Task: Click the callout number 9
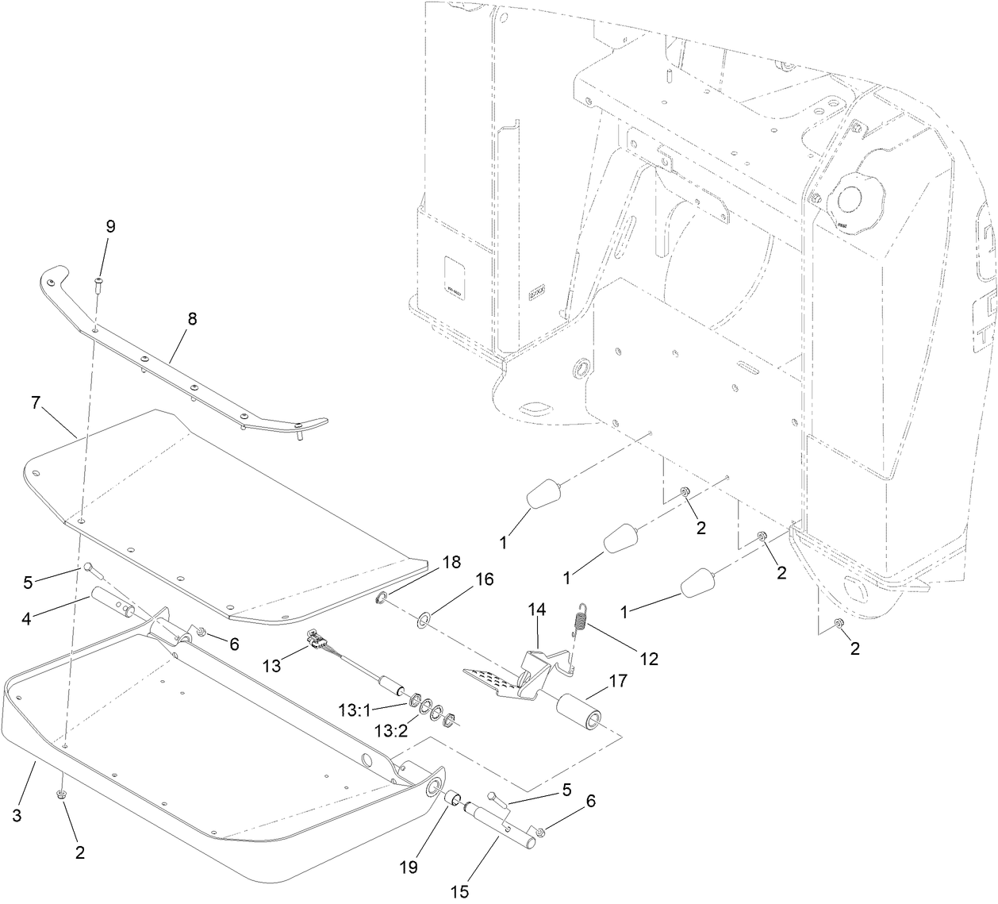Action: pyautogui.click(x=110, y=226)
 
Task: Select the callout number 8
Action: pyautogui.click(x=192, y=319)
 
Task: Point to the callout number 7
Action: pyautogui.click(x=36, y=402)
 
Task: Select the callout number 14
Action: pyautogui.click(x=538, y=610)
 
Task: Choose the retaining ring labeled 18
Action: pyautogui.click(x=382, y=598)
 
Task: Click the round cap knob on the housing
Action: pyautogui.click(x=853, y=198)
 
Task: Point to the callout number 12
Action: pyautogui.click(x=649, y=658)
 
